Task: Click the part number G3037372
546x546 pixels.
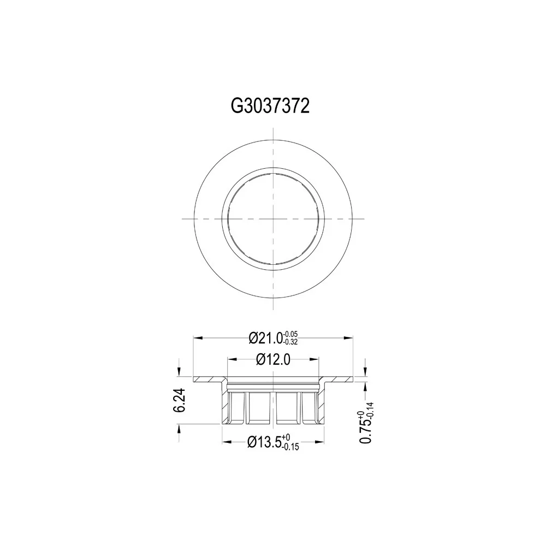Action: [270, 106]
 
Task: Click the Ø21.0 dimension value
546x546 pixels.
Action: [265, 338]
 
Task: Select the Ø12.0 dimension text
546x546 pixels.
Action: [273, 359]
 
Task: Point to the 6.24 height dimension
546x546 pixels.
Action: [179, 400]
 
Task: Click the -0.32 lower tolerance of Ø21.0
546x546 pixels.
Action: [290, 342]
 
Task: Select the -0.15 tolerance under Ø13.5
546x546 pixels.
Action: [291, 447]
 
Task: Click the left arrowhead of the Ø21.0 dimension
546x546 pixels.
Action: [198, 337]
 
